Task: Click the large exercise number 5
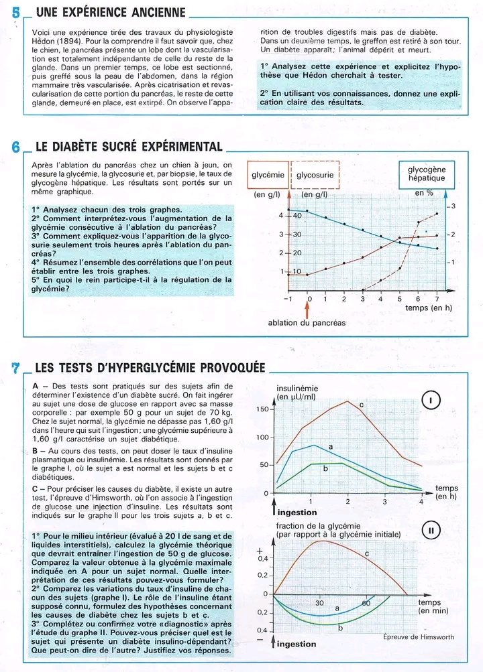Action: pos(16,12)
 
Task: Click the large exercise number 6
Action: pos(16,147)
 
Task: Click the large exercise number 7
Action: pos(16,367)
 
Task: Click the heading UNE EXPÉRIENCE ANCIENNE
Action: pos(111,12)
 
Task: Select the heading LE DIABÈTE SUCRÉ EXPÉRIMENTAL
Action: pos(128,147)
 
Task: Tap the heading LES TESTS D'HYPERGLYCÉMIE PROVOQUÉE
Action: pos(150,367)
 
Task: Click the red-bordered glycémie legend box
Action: pos(268,175)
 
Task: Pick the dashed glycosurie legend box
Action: pos(315,175)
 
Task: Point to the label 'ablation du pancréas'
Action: pos(307,323)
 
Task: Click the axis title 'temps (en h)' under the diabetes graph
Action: pos(429,308)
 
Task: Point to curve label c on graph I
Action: pos(361,405)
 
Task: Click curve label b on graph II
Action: pos(341,628)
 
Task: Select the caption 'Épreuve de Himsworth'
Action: pos(419,636)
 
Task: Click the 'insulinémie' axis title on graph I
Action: pos(297,389)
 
